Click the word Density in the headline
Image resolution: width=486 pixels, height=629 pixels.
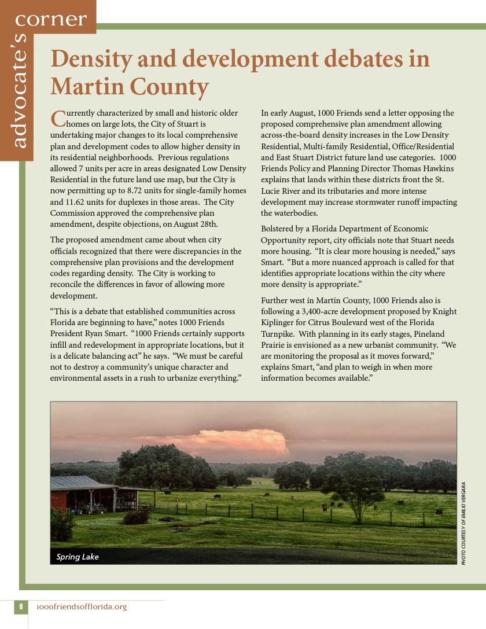click(x=91, y=60)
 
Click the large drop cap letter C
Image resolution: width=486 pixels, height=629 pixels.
click(x=58, y=118)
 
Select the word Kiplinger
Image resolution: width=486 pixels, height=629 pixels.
click(x=279, y=323)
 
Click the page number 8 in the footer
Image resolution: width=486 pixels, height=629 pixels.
click(x=21, y=607)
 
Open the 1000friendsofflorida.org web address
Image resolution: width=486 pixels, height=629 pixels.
click(x=81, y=607)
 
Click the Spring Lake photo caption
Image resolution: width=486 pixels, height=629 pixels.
click(x=78, y=557)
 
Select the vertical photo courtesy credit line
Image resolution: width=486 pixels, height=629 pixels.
click(x=463, y=523)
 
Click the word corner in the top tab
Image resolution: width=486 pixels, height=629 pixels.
click(x=51, y=20)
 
